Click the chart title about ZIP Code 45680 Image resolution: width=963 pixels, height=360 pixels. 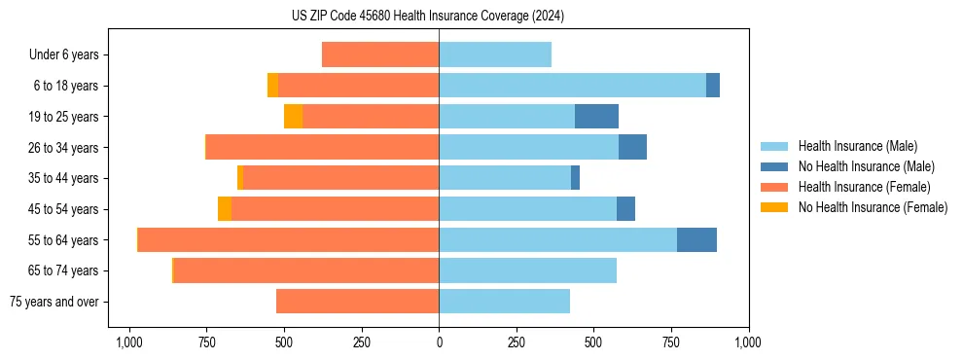427,17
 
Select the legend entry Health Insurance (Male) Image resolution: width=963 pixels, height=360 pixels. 857,146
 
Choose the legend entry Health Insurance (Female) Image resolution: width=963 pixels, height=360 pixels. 864,187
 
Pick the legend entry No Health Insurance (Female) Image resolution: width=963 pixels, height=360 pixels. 873,207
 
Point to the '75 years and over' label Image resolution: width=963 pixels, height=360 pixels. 54,302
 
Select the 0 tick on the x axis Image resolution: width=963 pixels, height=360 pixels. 439,342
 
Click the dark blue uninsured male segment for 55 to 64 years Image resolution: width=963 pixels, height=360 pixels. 696,239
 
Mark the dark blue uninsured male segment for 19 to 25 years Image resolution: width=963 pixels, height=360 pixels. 596,117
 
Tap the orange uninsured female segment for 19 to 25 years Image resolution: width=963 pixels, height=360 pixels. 293,117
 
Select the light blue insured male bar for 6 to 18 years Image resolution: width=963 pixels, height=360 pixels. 572,86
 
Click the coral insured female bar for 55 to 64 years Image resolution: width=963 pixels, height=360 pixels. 288,239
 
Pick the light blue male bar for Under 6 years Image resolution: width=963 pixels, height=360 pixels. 495,55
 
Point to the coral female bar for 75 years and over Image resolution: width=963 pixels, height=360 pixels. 357,302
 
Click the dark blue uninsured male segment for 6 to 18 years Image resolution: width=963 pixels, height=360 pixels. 713,86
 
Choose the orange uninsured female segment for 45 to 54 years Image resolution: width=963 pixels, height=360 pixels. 225,209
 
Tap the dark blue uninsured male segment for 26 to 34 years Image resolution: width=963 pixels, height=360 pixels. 632,148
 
